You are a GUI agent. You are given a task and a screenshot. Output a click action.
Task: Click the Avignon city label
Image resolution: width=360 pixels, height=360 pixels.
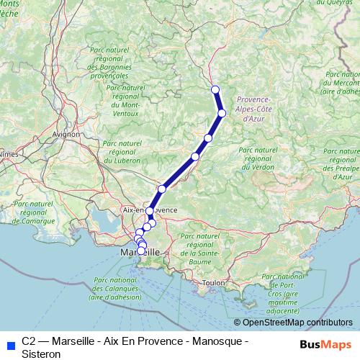tap(66, 134)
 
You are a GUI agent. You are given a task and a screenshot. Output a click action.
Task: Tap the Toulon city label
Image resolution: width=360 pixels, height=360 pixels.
tap(214, 283)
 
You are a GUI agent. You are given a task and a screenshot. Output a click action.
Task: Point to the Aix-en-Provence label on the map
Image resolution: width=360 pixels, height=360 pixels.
tap(150, 210)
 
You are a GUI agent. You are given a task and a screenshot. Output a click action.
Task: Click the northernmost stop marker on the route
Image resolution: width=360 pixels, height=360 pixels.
tap(215, 89)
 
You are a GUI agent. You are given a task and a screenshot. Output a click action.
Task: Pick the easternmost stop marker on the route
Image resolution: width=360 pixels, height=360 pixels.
tap(222, 113)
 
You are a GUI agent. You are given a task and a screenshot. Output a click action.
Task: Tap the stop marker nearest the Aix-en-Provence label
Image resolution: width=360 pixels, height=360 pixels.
tap(150, 212)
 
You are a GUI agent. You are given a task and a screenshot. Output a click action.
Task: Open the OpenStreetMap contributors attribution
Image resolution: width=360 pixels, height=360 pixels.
tap(297, 323)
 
